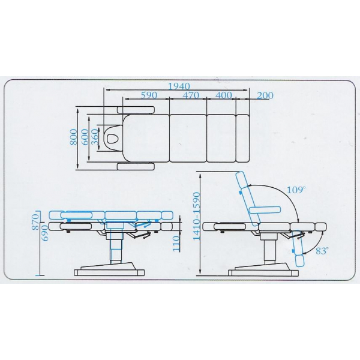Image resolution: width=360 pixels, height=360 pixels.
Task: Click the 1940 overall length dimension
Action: tap(179, 86)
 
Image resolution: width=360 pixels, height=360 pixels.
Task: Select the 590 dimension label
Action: tap(149, 95)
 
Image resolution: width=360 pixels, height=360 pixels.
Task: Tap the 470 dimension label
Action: tap(191, 95)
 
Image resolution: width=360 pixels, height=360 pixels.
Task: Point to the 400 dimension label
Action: tap(224, 95)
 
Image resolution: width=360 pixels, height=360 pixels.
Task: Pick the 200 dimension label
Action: tap(265, 95)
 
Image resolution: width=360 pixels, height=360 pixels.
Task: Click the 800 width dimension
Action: tap(74, 137)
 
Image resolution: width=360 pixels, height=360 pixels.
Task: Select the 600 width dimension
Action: tap(85, 137)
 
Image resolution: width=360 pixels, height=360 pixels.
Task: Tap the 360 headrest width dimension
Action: tap(95, 137)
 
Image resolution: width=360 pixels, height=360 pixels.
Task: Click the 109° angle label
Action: tap(296, 190)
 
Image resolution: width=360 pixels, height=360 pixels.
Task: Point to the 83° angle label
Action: tap(322, 251)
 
